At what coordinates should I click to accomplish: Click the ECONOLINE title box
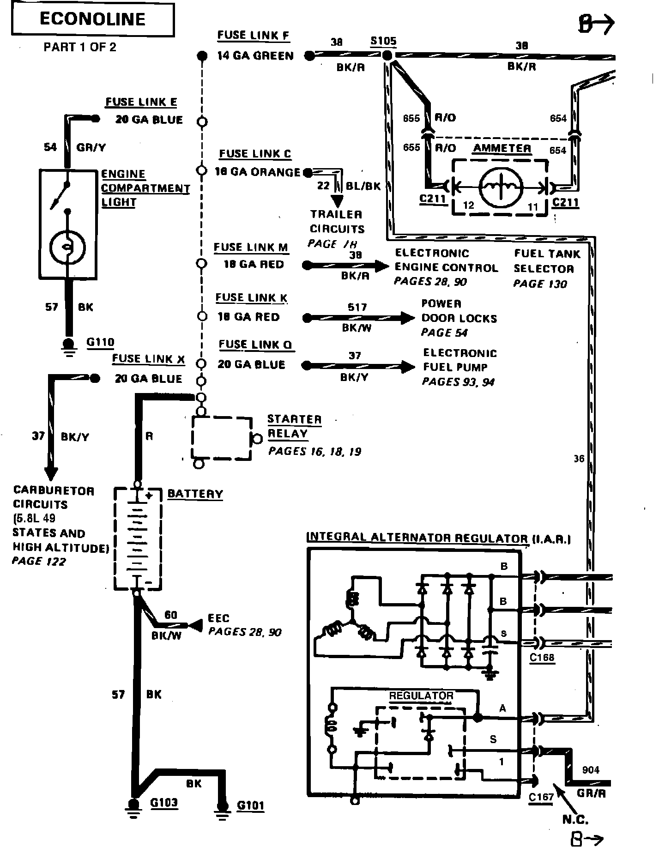pyautogui.click(x=92, y=19)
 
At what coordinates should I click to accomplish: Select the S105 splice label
pyautogui.click(x=383, y=41)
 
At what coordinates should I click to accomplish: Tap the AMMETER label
pyautogui.click(x=502, y=148)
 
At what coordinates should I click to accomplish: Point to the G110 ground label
pyautogui.click(x=100, y=342)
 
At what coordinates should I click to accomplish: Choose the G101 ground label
pyautogui.click(x=250, y=806)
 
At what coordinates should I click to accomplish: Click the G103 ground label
pyautogui.click(x=164, y=803)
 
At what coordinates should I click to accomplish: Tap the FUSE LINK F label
pyautogui.click(x=254, y=36)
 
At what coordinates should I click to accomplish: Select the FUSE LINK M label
pyautogui.click(x=251, y=247)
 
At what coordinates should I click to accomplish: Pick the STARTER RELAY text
pyautogui.click(x=294, y=426)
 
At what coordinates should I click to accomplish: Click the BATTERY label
pyautogui.click(x=195, y=494)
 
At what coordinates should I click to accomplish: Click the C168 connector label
pyautogui.click(x=542, y=657)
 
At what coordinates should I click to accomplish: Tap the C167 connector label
pyautogui.click(x=541, y=797)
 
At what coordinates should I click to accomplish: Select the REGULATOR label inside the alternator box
pyautogui.click(x=421, y=696)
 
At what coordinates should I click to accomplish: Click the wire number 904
pyautogui.click(x=591, y=770)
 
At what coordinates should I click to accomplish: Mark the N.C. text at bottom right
pyautogui.click(x=575, y=820)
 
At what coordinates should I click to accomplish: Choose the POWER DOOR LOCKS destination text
pyautogui.click(x=459, y=318)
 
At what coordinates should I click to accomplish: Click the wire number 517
pyautogui.click(x=357, y=307)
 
